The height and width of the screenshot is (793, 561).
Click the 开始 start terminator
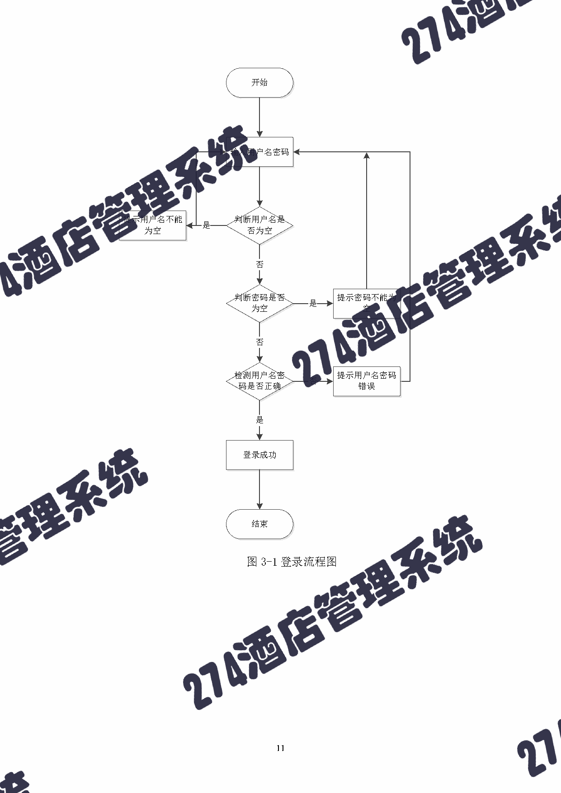click(259, 83)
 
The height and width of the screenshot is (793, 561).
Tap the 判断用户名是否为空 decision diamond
click(259, 225)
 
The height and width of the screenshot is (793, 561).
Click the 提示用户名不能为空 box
click(153, 225)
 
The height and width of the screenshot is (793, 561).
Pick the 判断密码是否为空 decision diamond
click(259, 303)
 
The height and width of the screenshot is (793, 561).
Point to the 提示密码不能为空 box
click(367, 303)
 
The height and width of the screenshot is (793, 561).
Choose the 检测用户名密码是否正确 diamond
click(259, 381)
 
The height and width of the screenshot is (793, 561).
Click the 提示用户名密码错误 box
click(367, 381)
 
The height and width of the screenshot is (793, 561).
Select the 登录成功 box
click(259, 455)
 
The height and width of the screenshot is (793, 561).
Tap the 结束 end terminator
click(259, 524)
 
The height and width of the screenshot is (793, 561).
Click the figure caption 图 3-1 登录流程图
click(292, 562)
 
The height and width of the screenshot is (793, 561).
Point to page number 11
click(280, 748)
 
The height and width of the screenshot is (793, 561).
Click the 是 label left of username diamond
click(207, 225)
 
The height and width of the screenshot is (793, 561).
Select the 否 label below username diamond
click(259, 264)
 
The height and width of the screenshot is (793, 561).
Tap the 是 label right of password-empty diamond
click(313, 303)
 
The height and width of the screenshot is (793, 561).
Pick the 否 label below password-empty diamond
click(259, 342)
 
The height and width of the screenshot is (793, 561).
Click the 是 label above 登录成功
click(259, 420)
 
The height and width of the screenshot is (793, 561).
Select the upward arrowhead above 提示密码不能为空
click(367, 156)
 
